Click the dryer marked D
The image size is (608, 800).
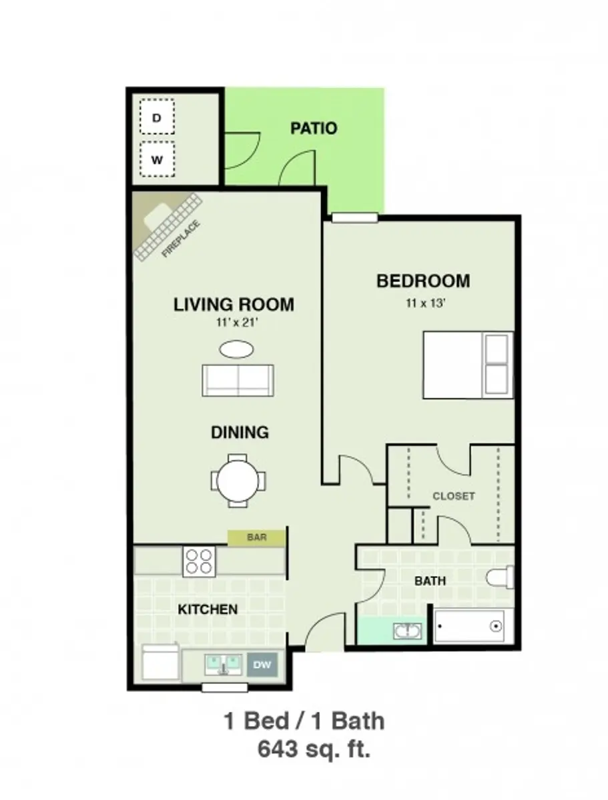(x=157, y=118)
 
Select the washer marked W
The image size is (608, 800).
(x=157, y=160)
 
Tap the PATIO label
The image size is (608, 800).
(x=314, y=128)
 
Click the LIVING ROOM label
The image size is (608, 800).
(x=234, y=305)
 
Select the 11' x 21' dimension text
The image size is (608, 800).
(x=234, y=324)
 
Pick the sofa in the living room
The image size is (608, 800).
(x=238, y=381)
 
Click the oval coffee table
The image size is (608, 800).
(x=237, y=349)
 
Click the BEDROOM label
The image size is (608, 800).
(x=423, y=281)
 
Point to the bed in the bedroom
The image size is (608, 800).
(x=467, y=365)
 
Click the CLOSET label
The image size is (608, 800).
(x=454, y=496)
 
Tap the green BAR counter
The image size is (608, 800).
(x=256, y=537)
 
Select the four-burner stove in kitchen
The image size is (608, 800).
(x=199, y=561)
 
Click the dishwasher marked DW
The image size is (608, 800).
(x=262, y=664)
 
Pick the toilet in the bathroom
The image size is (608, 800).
(x=501, y=577)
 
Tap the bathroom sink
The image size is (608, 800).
(x=408, y=631)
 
